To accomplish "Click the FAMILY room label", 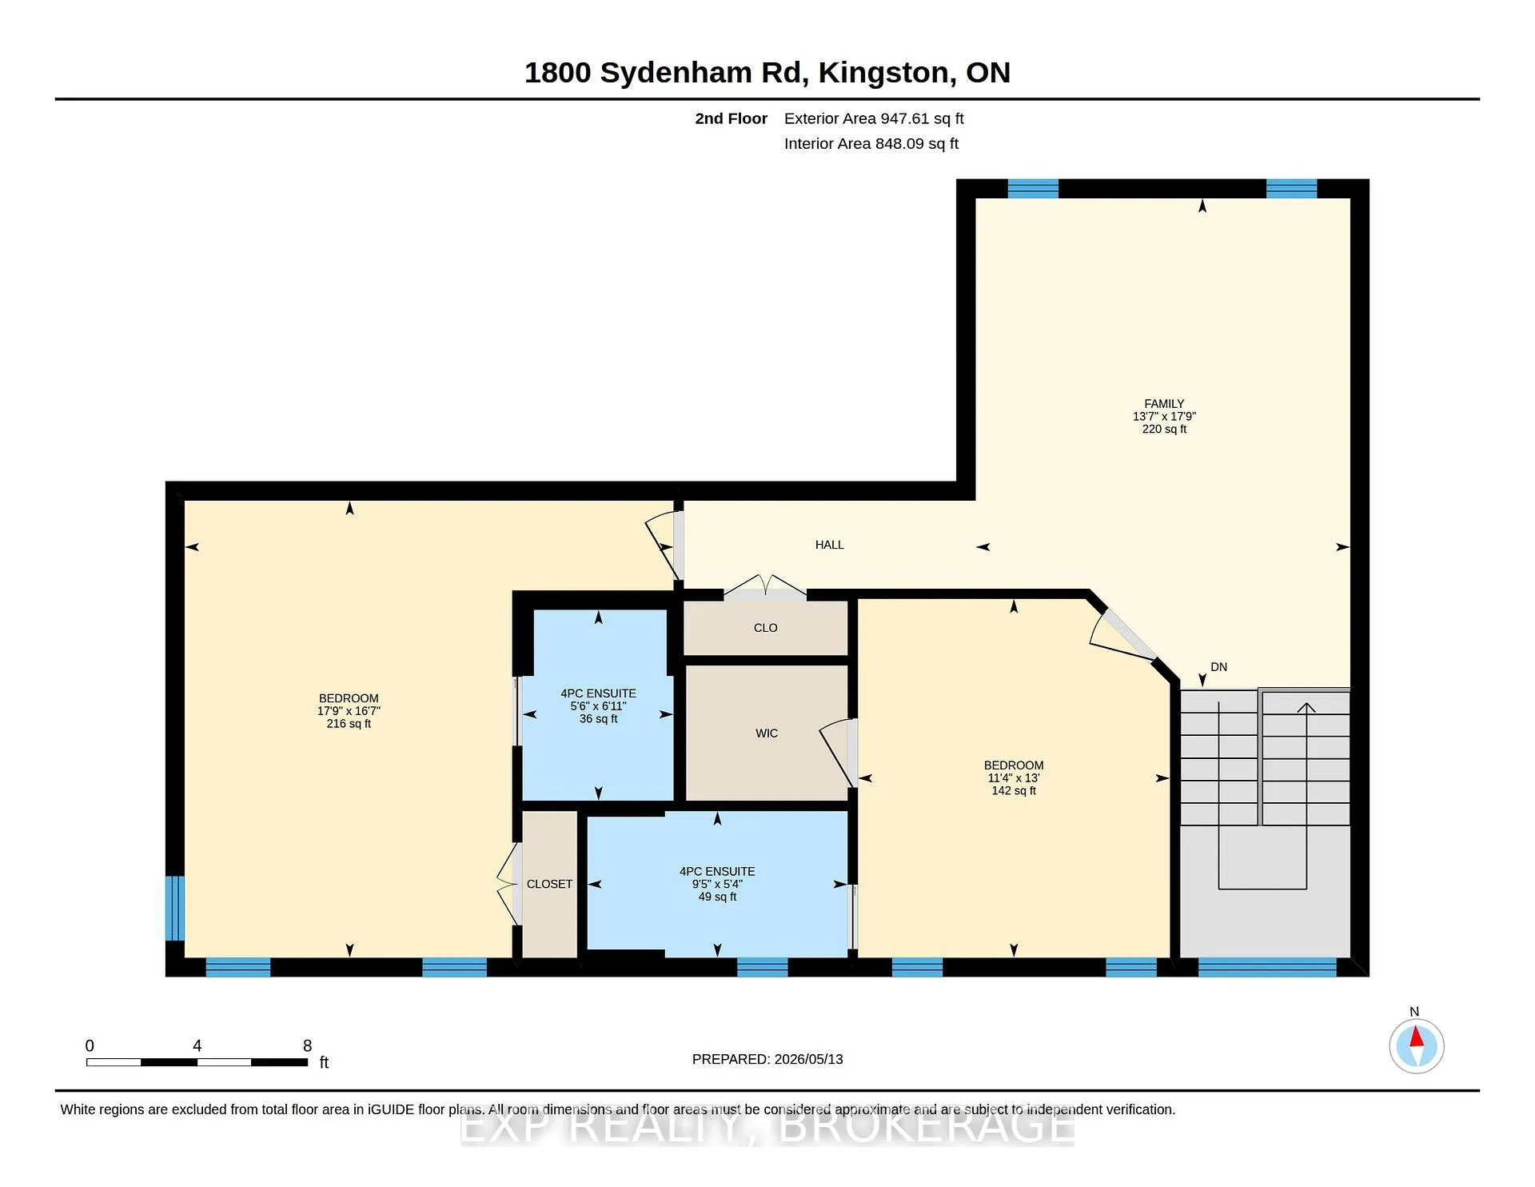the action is click(1164, 404).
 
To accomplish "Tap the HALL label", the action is click(830, 545).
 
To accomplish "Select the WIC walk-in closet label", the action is click(767, 733).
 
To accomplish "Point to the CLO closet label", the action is click(766, 628).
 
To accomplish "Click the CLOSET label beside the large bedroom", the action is click(549, 884).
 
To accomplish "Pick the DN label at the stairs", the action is click(1219, 667).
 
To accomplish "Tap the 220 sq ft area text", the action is click(1164, 430).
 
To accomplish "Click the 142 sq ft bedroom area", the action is click(1014, 791).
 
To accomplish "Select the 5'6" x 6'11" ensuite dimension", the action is click(598, 706).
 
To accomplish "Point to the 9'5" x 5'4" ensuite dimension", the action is click(717, 884).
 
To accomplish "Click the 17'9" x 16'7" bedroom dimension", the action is click(349, 711).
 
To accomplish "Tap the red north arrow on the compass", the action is click(1417, 1037).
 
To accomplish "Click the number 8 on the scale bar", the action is click(308, 1045).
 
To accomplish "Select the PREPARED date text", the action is click(767, 1059).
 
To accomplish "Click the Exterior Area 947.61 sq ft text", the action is click(874, 118).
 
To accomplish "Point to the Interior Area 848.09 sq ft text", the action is click(871, 144).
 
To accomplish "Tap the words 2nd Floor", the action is click(731, 118).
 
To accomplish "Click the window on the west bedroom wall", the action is click(174, 909).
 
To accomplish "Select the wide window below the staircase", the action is click(1267, 967).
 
